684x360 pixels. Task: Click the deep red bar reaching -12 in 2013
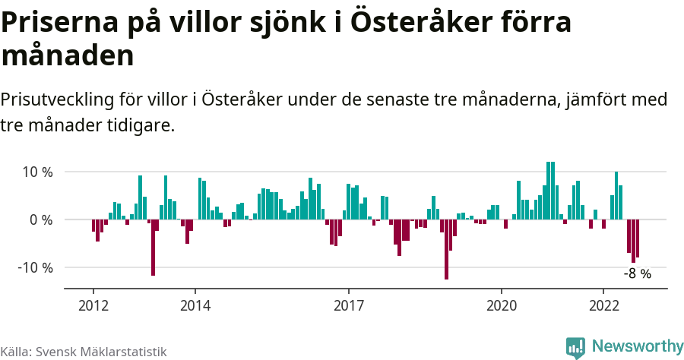point(153,247)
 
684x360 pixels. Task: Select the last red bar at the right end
point(638,238)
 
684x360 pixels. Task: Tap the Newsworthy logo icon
point(576,347)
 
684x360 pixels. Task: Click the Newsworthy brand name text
point(638,346)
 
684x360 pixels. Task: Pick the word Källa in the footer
point(14,352)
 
